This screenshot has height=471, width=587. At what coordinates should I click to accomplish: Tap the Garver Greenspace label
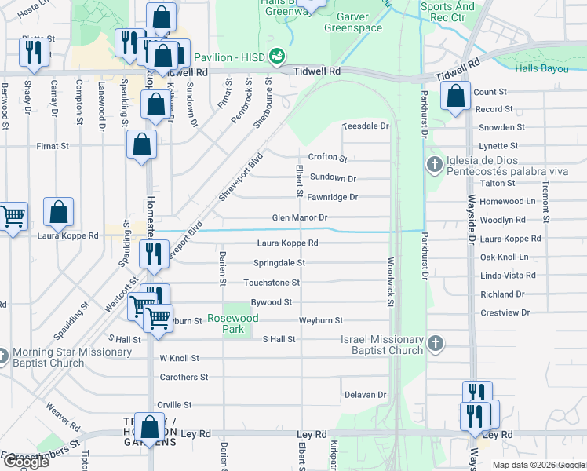pyautogui.click(x=359, y=22)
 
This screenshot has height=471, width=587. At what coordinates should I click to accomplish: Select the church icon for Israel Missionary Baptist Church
pyautogui.click(x=436, y=343)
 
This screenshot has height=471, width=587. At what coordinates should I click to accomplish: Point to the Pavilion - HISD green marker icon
pyautogui.click(x=276, y=57)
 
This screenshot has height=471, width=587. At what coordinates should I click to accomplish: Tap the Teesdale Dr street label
pyautogui.click(x=366, y=126)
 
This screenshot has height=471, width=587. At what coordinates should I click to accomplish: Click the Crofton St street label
pyautogui.click(x=327, y=157)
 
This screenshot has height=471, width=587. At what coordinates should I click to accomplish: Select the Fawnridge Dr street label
pyautogui.click(x=332, y=198)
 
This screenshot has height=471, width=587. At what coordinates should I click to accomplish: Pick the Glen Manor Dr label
pyautogui.click(x=299, y=217)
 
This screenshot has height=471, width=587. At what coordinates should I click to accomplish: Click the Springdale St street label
pyautogui.click(x=279, y=263)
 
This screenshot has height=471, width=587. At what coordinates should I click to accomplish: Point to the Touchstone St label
pyautogui.click(x=272, y=283)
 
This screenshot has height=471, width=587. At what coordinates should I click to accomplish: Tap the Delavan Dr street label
pyautogui.click(x=365, y=395)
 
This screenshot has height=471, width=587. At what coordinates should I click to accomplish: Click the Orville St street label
pyautogui.click(x=174, y=405)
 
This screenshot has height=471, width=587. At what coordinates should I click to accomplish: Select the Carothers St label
pyautogui.click(x=184, y=377)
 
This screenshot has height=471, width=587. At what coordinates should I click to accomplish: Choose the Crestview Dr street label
pyautogui.click(x=505, y=312)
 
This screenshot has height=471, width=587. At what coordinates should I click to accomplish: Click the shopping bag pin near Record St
pyautogui.click(x=455, y=97)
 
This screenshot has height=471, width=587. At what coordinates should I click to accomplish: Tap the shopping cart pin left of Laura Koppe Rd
pyautogui.click(x=12, y=216)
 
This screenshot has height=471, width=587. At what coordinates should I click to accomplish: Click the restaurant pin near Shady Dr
pyautogui.click(x=34, y=52)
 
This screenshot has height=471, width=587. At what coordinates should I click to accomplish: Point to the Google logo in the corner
pyautogui.click(x=25, y=462)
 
